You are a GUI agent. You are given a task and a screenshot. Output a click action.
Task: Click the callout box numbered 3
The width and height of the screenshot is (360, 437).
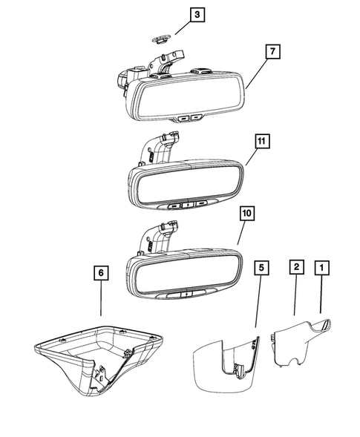point(197,15)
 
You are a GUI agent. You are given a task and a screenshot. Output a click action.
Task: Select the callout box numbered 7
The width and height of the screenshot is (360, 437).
point(272,51)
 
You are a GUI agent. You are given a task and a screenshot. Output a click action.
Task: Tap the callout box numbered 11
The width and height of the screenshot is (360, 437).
point(262,141)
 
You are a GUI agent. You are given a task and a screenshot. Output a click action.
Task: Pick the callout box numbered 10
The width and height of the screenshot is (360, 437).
point(247,214)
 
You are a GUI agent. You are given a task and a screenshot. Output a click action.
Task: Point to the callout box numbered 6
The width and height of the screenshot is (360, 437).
point(101,273)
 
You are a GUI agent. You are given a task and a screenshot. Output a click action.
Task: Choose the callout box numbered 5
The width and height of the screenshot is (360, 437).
point(261,268)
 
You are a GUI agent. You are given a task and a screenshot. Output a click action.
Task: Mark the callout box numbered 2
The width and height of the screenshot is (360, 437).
point(296,267)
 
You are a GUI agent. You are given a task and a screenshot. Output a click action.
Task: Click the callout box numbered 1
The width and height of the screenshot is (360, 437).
point(322,268)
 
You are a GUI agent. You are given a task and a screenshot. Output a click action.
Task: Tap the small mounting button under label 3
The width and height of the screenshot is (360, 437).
point(162,39)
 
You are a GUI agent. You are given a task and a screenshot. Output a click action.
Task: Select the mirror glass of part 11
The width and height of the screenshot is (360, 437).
point(189,185)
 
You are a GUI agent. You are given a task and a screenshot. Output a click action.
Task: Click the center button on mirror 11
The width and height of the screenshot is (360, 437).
point(188,206)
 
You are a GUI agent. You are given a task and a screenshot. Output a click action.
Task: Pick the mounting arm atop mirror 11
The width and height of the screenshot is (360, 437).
point(160,147)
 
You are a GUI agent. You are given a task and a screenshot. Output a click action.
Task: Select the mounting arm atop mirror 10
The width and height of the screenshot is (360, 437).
point(160,236)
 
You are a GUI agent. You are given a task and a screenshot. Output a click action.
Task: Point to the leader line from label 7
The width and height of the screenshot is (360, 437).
point(257,73)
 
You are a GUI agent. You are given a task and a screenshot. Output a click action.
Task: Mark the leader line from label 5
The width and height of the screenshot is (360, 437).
point(258,301)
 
